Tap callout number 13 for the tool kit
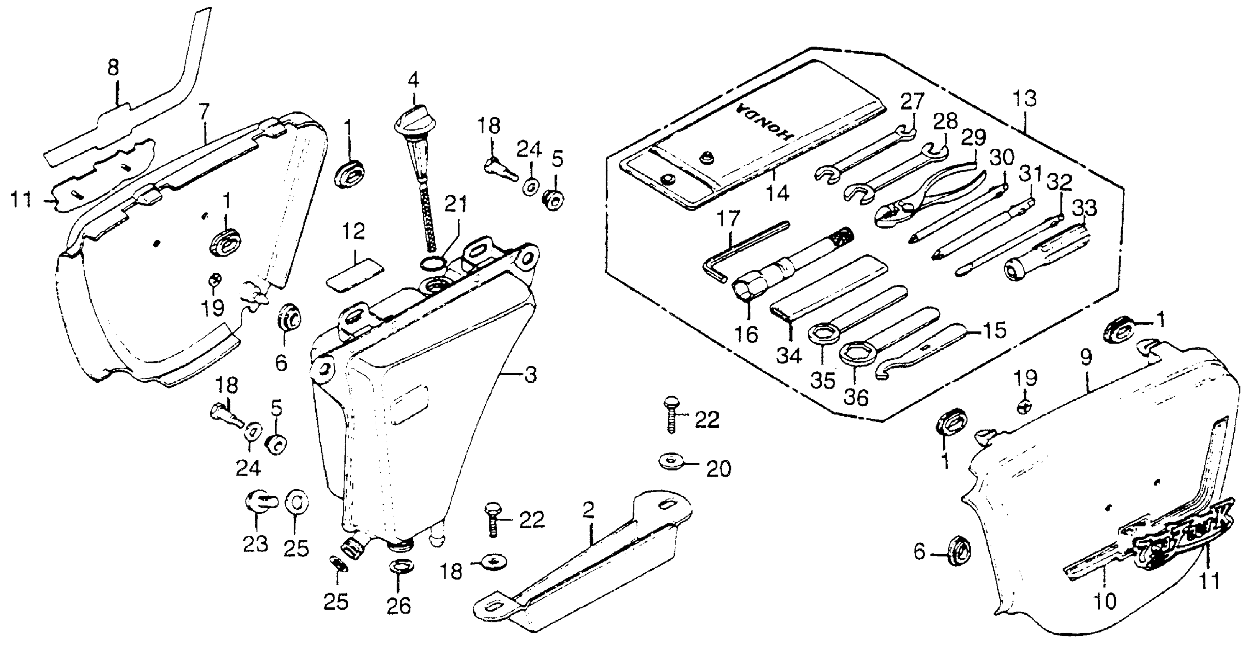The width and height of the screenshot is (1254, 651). (1024, 99)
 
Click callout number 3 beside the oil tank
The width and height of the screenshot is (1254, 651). (531, 375)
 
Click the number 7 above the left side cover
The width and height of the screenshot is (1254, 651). (204, 113)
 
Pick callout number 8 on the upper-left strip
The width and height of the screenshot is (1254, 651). (113, 68)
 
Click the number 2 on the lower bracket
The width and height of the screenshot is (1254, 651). (588, 510)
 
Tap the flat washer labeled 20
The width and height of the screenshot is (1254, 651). (674, 460)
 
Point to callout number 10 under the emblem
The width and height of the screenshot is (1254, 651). (1105, 602)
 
